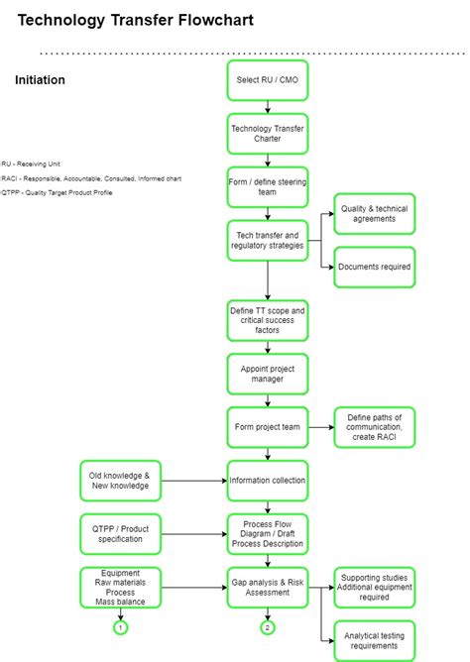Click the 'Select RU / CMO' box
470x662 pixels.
pos(267,80)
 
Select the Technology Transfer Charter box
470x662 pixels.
pos(267,133)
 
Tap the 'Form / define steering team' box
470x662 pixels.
pos(267,186)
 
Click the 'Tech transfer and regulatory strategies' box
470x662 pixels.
pos(267,240)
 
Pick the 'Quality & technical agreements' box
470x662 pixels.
pos(374,213)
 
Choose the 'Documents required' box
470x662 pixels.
pos(374,267)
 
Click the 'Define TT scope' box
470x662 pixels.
pos(267,320)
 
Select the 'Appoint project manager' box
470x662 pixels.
pos(267,374)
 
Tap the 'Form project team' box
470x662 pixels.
pos(267,427)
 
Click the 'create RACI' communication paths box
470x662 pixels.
pos(374,427)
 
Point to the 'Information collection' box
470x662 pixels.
pos(267,481)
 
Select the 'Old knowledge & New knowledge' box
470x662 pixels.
pos(120,481)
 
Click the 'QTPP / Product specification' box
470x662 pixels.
pos(120,533)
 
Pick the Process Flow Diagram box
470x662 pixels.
pos(267,533)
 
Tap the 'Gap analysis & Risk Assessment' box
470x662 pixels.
pos(267,587)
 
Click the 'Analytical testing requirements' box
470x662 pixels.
pos(374,640)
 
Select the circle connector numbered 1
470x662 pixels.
pos(120,627)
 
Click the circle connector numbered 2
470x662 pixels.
pos(267,627)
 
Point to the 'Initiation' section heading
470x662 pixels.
pos(41,80)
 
